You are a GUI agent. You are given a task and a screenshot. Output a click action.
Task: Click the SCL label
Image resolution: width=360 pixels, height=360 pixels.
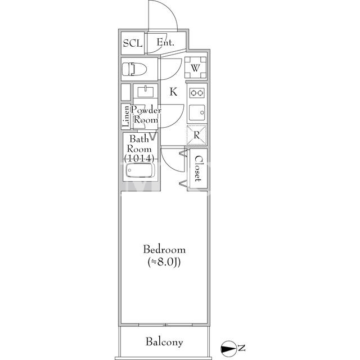pos(133,43)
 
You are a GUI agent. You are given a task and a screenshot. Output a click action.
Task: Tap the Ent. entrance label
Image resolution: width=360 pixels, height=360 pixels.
pos(165,42)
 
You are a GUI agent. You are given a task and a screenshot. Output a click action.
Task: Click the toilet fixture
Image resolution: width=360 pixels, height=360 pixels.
pos(134,69)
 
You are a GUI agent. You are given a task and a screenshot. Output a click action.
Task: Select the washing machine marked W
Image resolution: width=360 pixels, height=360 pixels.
pos(195,67)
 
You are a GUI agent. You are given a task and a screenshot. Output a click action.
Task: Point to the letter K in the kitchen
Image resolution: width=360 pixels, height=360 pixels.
pos(173,92)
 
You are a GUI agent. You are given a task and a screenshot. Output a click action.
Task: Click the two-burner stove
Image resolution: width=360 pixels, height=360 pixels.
pos(197,93)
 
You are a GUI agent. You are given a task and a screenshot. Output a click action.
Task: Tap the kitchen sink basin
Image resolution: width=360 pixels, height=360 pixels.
pos(197,112)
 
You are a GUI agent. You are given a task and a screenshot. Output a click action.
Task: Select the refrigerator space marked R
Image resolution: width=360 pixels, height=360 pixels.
pos(196,135)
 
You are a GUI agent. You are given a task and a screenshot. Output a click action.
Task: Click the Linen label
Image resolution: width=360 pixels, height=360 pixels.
pos(125,116)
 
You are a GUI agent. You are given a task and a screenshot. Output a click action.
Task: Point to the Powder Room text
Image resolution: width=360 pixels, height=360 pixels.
pos(146,115)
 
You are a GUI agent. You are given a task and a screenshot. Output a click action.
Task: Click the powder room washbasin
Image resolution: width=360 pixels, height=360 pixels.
pos(146,91)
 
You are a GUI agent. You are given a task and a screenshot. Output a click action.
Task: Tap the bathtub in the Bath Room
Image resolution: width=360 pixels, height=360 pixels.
pos(139,170)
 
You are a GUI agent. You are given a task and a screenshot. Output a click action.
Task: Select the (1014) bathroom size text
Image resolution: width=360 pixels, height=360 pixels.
pos(139,159)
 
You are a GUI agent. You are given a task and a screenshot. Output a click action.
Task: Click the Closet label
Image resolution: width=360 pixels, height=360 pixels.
pos(198,169)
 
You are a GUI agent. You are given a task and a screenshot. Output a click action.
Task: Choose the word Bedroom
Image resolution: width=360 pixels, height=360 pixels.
pos(164,250)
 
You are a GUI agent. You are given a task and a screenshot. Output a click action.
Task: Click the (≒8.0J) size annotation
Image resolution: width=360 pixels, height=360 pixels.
pos(164,262)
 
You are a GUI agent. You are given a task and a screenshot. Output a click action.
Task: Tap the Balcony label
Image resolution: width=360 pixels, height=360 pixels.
pos(164,342)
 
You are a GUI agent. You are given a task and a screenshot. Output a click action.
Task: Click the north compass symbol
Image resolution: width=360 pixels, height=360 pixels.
pos(229,349)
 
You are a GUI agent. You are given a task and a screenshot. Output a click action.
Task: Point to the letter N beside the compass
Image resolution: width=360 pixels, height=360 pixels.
pos(241,348)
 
